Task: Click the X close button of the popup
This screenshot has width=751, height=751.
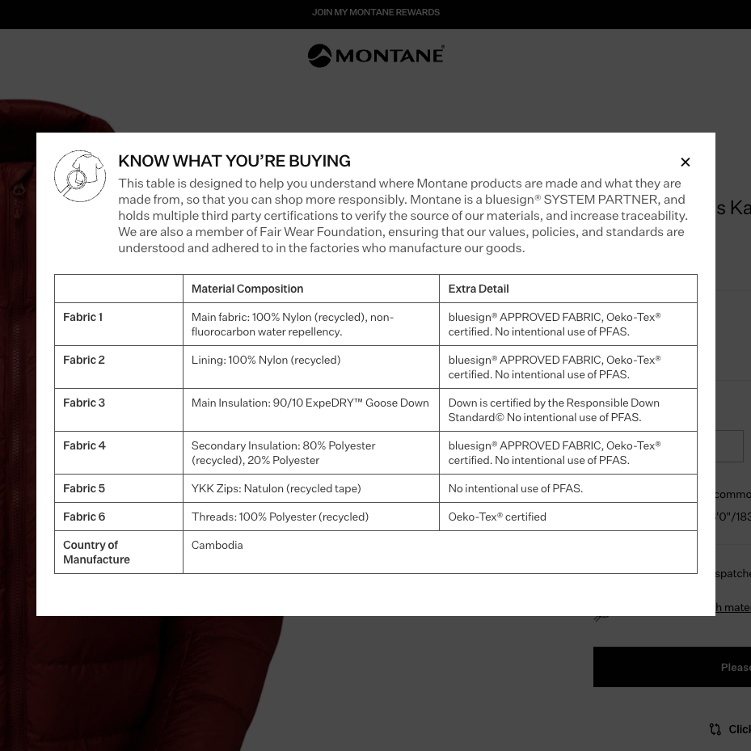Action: (686, 162)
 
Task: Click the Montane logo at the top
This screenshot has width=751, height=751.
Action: (376, 56)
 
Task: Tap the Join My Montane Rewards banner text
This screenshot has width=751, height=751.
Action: (376, 12)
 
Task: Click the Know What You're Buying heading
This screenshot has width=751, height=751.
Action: (234, 161)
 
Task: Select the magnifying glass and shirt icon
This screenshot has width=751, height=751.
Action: (80, 175)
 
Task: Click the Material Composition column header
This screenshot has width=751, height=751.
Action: (247, 289)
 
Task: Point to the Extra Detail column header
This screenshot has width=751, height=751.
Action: (479, 289)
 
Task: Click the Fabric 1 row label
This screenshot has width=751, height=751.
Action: (82, 317)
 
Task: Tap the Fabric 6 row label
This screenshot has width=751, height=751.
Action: (84, 517)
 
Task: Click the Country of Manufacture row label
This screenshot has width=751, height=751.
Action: (96, 552)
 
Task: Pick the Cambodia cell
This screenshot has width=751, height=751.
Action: (217, 545)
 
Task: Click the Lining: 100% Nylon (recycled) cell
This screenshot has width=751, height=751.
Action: (266, 360)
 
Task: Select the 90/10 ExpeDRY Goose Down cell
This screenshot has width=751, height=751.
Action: (310, 403)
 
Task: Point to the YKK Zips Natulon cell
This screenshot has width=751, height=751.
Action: (276, 488)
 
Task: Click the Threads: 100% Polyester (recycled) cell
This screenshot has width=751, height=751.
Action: (280, 517)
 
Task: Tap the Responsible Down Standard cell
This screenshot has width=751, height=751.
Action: (554, 410)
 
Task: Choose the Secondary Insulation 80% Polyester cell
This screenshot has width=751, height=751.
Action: (283, 453)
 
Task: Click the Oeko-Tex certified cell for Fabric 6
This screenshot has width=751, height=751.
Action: (497, 517)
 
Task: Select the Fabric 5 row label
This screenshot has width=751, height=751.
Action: (84, 488)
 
